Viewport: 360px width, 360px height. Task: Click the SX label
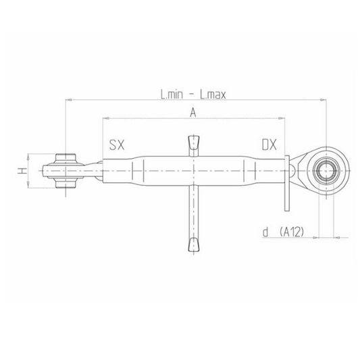pos(118,145)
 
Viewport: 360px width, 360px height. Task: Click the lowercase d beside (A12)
pos(267,232)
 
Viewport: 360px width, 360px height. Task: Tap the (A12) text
pos(292,232)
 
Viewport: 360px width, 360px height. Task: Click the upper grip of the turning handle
pos(192,144)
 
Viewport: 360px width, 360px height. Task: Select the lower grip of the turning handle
pos(192,243)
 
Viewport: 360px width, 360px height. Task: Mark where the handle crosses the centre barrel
pos(192,172)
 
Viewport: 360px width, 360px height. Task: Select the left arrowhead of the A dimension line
pos(105,119)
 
